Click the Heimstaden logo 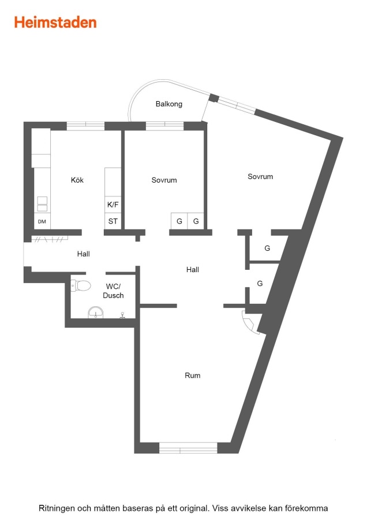coord(55,23)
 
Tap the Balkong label coord(169,104)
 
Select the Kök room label coord(77,180)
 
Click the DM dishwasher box coord(42,221)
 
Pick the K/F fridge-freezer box coord(113,205)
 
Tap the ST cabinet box coord(113,221)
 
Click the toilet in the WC coord(81,285)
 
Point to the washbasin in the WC coord(95,313)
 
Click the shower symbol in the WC coord(122,315)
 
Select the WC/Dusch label coord(113,291)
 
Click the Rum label coord(192,376)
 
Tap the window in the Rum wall coord(188,448)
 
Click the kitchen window coord(85,126)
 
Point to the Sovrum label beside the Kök coord(164,180)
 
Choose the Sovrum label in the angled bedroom coord(260,176)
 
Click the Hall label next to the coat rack coord(84,254)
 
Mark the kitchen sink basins coord(42,204)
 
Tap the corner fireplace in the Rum coord(251,322)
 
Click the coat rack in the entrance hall coord(50,239)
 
